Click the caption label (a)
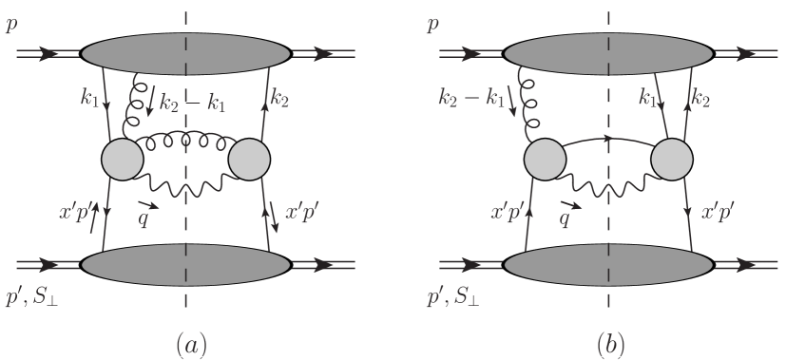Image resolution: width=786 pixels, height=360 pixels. tap(186, 341)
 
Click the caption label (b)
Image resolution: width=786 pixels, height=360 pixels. tap(609, 341)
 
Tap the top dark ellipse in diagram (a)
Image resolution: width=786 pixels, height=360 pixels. tap(185, 55)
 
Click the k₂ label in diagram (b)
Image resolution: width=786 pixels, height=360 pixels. tap(701, 96)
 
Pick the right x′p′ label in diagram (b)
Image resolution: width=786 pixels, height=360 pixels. tap(722, 214)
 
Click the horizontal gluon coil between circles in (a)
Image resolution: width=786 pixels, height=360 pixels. tap(185, 142)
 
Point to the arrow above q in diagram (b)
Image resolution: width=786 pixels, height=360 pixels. tap(571, 204)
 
